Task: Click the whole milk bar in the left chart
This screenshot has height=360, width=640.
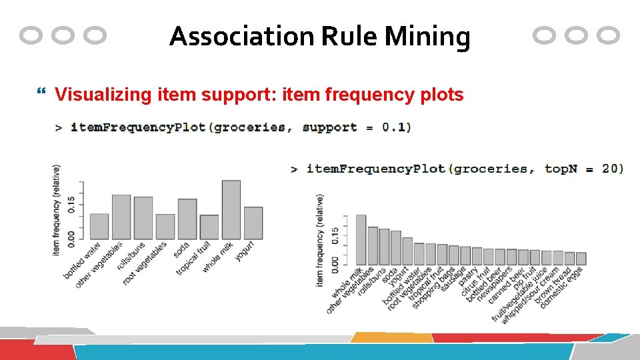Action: coord(231,210)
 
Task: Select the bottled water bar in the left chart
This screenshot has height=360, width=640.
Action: coord(99,226)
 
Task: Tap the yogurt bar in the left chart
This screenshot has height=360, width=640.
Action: coord(253,223)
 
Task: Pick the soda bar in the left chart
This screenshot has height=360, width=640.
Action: coord(187,219)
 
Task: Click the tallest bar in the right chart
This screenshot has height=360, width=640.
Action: coord(361,239)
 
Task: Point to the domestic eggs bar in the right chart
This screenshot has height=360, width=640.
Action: coord(581,258)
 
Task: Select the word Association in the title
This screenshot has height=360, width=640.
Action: coord(242,37)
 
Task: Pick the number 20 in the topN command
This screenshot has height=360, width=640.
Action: coord(613,168)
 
